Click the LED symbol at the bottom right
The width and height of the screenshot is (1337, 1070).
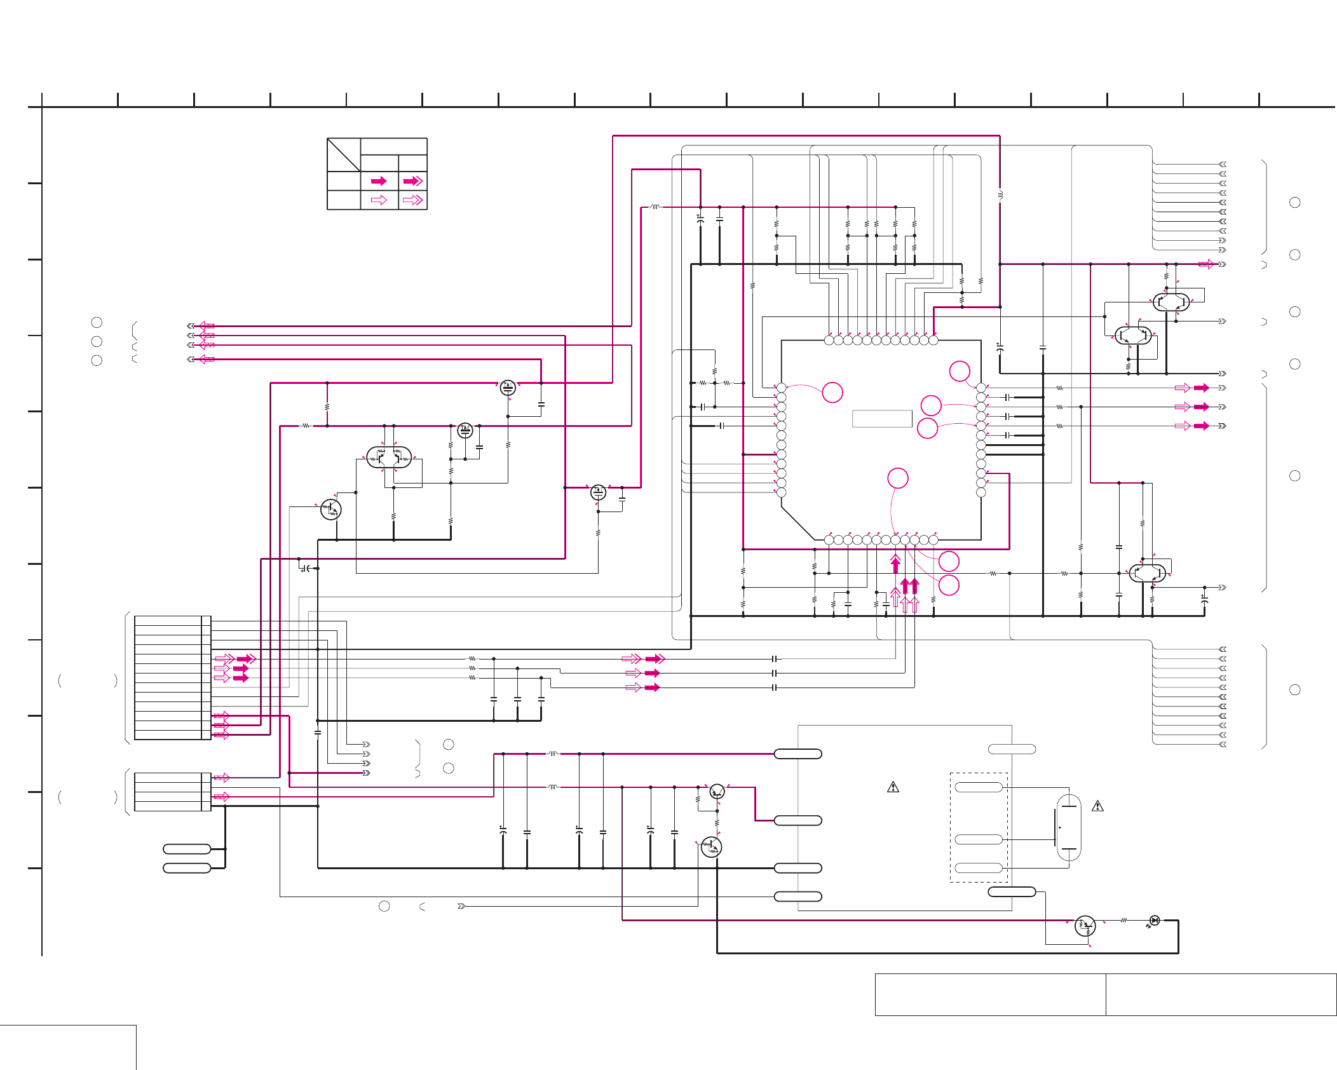click(1155, 920)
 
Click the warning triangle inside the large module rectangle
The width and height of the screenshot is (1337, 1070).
click(893, 787)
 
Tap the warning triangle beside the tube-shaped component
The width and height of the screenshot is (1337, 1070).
click(1097, 806)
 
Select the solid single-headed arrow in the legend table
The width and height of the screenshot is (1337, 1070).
click(379, 181)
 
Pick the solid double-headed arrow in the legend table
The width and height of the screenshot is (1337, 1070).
click(413, 181)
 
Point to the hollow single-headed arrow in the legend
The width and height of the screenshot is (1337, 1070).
click(379, 200)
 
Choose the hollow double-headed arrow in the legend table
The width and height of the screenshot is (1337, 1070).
click(413, 200)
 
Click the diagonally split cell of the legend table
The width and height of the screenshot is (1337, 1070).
click(344, 154)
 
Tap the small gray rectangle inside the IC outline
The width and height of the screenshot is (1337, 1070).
click(882, 419)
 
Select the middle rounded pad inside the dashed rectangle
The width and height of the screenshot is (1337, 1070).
click(979, 839)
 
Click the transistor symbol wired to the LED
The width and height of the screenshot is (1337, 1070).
click(1085, 926)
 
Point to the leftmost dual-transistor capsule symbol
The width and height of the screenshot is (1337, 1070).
click(389, 457)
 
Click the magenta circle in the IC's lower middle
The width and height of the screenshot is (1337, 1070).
click(898, 478)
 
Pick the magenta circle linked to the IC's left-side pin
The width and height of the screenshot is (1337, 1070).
click(832, 393)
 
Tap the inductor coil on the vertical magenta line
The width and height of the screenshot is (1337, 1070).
click(1000, 194)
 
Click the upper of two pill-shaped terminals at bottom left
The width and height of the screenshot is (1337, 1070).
click(187, 849)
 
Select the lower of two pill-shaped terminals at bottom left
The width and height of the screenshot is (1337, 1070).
click(187, 868)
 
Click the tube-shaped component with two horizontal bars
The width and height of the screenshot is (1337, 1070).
click(1069, 827)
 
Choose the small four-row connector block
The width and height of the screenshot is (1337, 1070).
click(172, 792)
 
